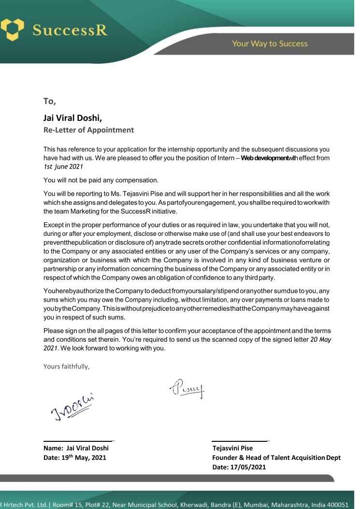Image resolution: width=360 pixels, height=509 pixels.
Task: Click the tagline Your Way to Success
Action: [269, 44]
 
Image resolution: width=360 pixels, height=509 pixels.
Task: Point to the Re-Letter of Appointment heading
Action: [87, 130]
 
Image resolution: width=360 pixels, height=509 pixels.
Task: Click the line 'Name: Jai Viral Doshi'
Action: [79, 448]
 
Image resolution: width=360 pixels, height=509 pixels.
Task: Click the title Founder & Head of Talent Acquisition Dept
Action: [276, 458]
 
